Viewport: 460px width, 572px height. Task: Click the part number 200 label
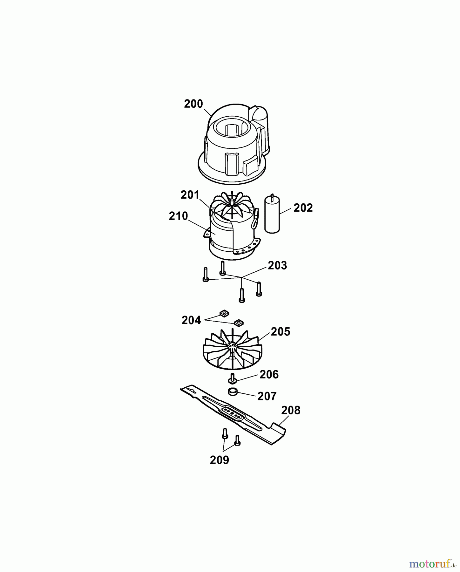click(x=193, y=104)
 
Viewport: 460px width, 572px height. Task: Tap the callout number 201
click(x=190, y=195)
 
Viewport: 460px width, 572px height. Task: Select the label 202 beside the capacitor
click(x=303, y=208)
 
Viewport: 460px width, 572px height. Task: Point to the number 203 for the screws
click(x=277, y=265)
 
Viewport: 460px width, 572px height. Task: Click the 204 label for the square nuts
click(x=191, y=320)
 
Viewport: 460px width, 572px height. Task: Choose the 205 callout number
click(x=281, y=332)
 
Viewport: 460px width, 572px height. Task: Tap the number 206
click(x=269, y=375)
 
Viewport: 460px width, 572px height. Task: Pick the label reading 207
click(x=267, y=396)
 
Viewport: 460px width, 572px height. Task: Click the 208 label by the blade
click(x=291, y=410)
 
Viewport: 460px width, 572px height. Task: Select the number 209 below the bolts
click(x=220, y=460)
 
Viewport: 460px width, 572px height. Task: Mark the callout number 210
click(x=179, y=216)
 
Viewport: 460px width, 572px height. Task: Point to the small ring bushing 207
click(x=233, y=392)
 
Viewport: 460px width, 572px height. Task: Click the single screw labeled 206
click(x=233, y=378)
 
